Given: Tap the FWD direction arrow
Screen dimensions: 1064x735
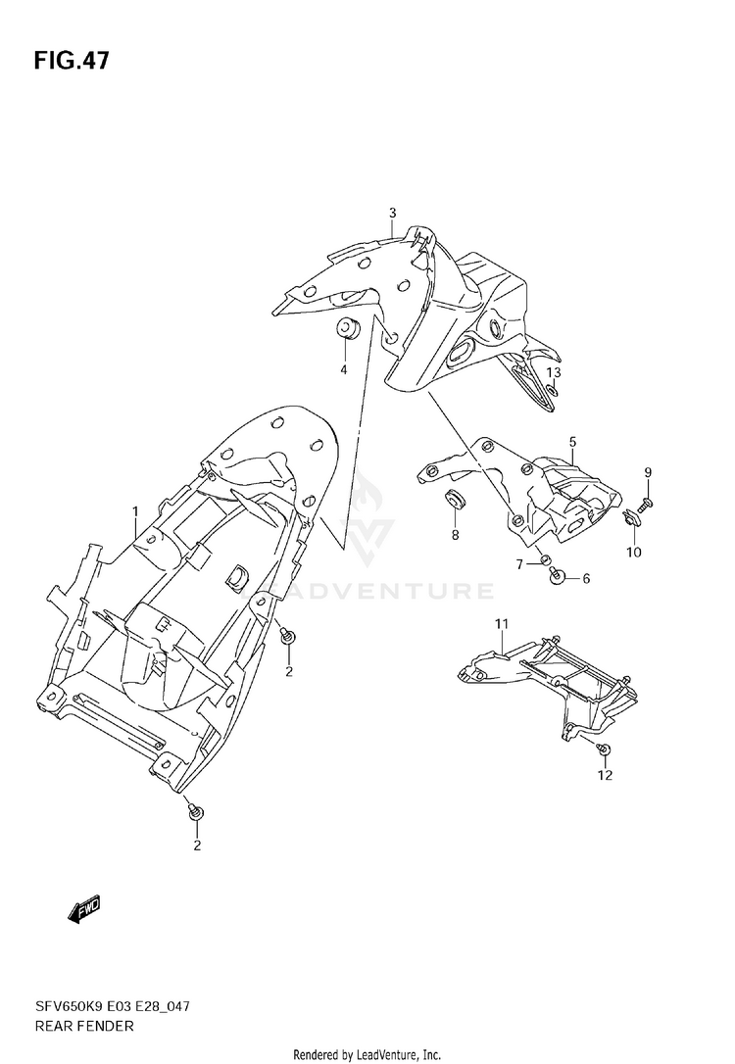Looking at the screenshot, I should coord(85,909).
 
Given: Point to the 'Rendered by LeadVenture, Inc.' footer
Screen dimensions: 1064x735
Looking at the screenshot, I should coord(367,1054).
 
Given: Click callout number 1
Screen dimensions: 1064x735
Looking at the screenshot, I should coord(136,511).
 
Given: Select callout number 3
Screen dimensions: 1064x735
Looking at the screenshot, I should coord(392,213).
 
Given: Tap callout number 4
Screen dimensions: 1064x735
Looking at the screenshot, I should coord(344,369).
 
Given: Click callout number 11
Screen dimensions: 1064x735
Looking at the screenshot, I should coord(502,624).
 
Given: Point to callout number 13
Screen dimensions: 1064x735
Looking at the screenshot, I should coord(554,373).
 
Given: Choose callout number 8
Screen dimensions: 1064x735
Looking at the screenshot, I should coord(455,534).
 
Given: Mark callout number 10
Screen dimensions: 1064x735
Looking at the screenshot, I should coord(634,553).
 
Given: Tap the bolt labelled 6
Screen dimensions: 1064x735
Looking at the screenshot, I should coord(557,576).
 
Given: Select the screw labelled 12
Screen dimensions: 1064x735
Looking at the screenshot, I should coord(604,750).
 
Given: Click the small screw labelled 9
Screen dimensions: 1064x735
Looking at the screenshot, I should coord(646,504).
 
